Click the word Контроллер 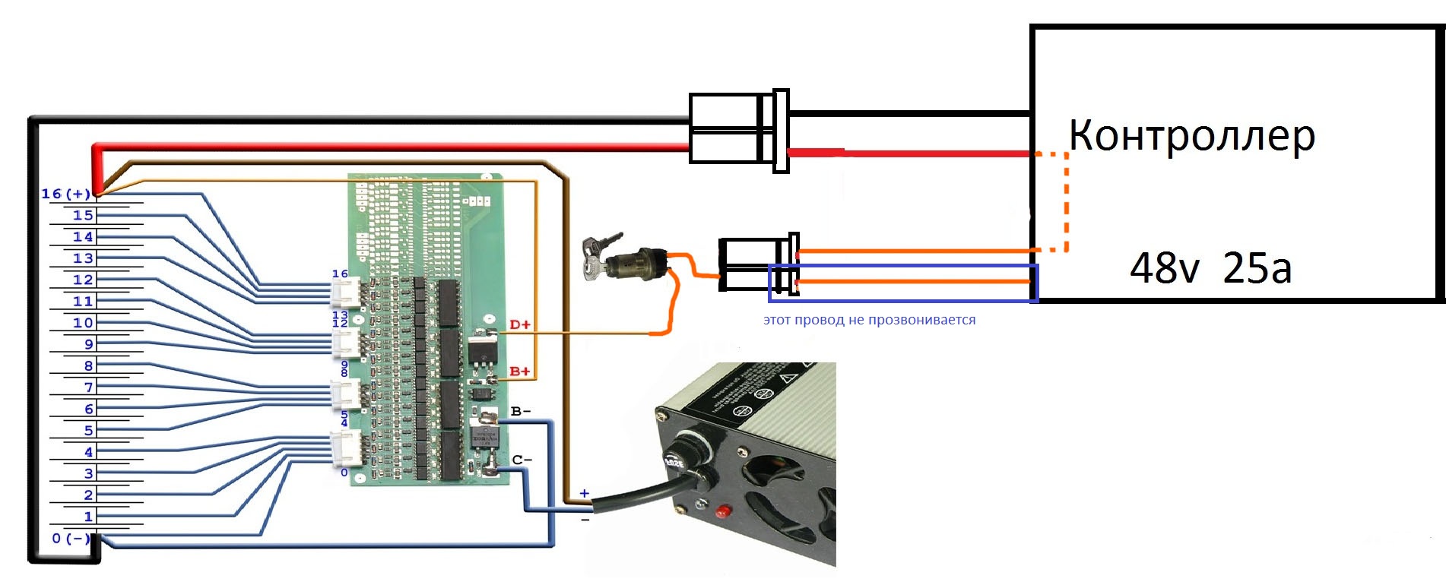click(x=1191, y=137)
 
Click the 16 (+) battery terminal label click(x=65, y=194)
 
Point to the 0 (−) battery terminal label click(x=70, y=539)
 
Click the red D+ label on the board click(x=520, y=325)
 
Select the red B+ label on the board click(x=520, y=372)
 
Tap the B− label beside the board click(x=521, y=412)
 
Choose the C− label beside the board click(x=522, y=460)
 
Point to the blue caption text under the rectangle click(x=869, y=320)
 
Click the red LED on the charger click(x=722, y=511)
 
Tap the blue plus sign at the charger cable click(x=584, y=494)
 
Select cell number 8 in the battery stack click(x=88, y=365)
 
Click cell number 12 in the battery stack click(x=83, y=280)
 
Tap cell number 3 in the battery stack click(x=88, y=473)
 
